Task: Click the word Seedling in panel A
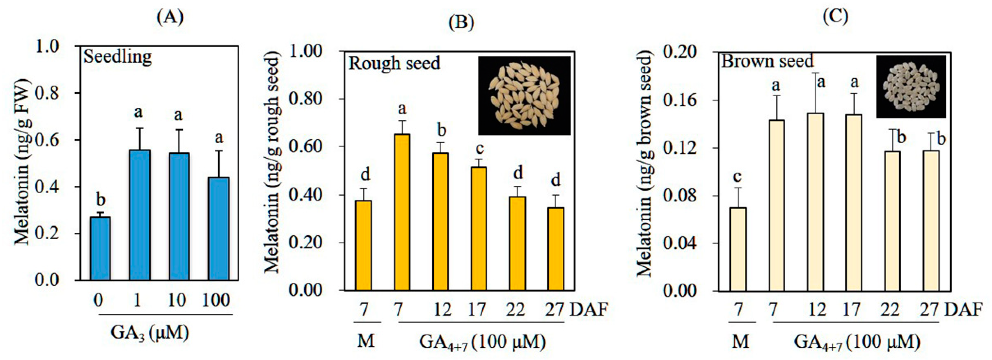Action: [x=118, y=57]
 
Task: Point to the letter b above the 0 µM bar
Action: [x=101, y=200]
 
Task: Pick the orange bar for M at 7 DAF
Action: [x=363, y=245]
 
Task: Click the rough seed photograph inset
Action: [x=524, y=95]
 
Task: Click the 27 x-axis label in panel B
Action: [x=554, y=309]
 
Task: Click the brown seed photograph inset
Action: [x=911, y=86]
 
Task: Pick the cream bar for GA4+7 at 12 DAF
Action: [x=815, y=202]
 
